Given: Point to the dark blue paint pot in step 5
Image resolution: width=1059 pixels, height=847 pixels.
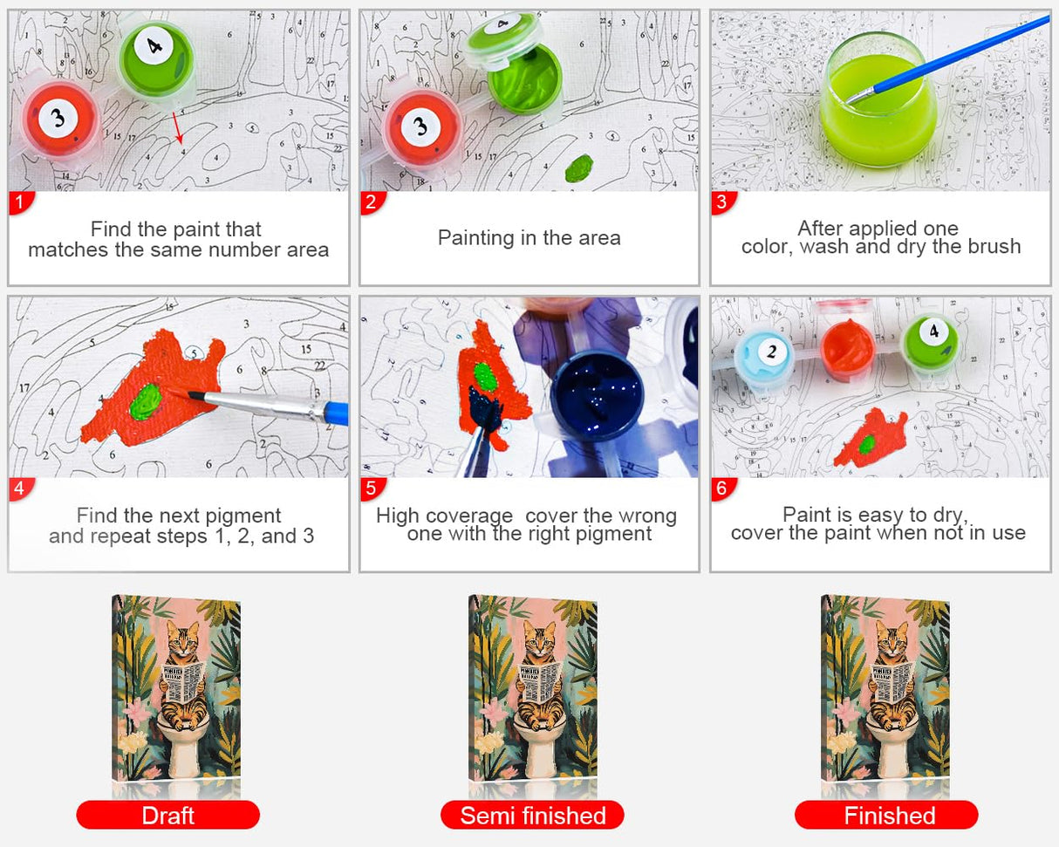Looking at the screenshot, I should click(x=600, y=385).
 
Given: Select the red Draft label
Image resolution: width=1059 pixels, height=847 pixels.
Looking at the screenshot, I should click(x=167, y=815).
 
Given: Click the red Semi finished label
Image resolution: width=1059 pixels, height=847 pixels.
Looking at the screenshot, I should click(x=532, y=815).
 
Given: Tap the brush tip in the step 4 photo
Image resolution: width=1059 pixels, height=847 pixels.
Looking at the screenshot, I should click(x=191, y=394).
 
